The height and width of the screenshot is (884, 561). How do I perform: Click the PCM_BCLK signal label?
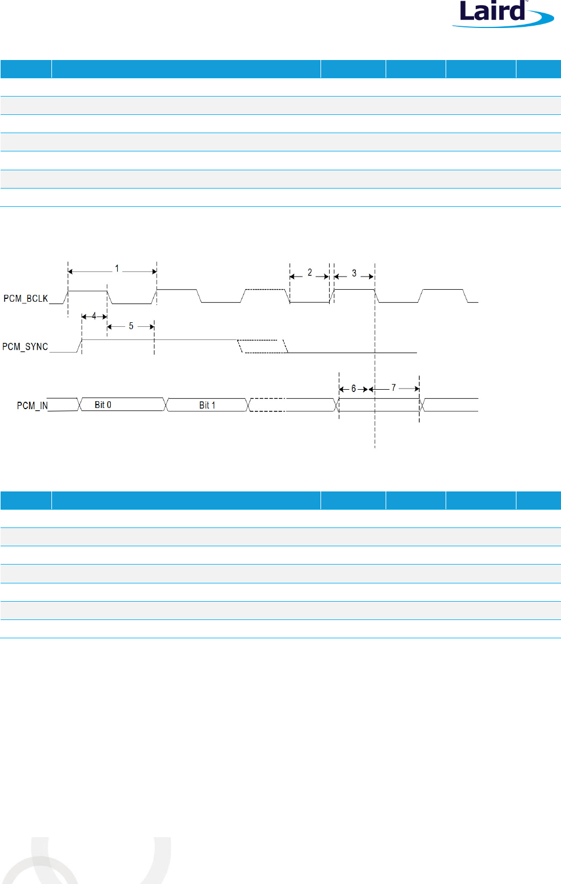(x=26, y=298)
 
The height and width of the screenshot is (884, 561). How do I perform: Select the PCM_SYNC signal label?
(x=25, y=346)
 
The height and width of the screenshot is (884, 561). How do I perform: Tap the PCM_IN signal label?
(x=32, y=405)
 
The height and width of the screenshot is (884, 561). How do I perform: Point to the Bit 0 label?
(x=103, y=405)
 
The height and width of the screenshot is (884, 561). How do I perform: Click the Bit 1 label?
(x=207, y=405)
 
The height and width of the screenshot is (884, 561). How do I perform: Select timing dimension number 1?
(x=117, y=268)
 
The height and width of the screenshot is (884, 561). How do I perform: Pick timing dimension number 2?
(x=310, y=273)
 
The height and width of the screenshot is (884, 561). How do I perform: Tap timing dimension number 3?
(x=354, y=273)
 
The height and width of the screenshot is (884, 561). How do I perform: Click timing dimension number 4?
(x=94, y=316)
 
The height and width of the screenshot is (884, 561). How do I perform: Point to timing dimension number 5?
(x=131, y=326)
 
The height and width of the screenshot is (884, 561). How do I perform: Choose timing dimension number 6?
(x=354, y=389)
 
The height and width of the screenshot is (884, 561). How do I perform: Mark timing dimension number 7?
(x=394, y=387)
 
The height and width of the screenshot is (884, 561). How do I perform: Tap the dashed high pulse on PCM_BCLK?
(x=266, y=290)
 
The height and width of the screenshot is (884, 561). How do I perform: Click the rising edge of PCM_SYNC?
(x=79, y=346)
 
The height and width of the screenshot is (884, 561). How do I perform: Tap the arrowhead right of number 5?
(x=151, y=326)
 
